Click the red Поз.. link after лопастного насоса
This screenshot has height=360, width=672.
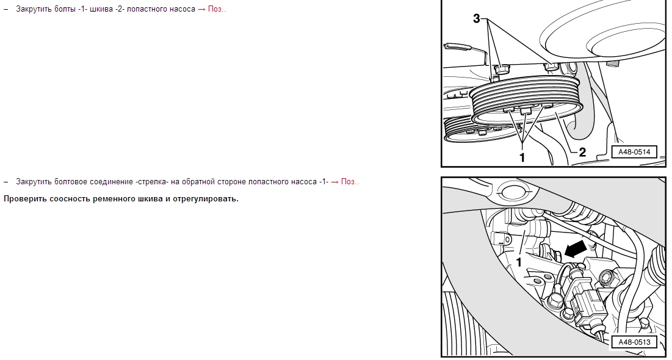click(x=217, y=9)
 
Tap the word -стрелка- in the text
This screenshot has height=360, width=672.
click(x=152, y=182)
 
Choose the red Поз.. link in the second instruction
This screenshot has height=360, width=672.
click(x=350, y=182)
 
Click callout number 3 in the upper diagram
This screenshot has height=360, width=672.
click(x=477, y=18)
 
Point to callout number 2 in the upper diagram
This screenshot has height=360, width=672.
click(x=582, y=152)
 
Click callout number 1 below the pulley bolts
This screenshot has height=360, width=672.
click(x=522, y=157)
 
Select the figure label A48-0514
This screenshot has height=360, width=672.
click(x=634, y=152)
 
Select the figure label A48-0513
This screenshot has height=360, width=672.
click(x=634, y=342)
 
